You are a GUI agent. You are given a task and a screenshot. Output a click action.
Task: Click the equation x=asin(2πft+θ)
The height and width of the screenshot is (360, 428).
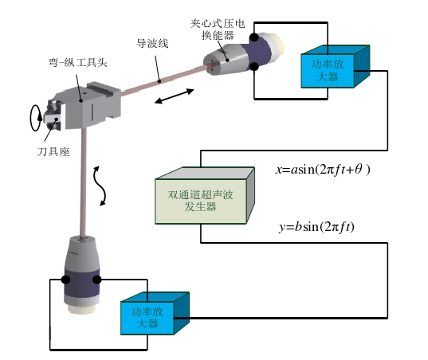pos(323,170)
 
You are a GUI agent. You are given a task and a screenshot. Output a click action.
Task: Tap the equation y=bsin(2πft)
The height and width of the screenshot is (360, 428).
pos(316,227)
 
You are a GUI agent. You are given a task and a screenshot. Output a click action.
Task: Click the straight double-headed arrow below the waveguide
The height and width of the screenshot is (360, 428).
pos(173,97)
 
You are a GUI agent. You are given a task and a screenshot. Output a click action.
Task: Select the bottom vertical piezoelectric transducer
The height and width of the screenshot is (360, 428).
pos(82,275)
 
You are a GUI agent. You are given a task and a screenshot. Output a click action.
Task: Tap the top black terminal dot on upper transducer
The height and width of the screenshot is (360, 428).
pos(253,37)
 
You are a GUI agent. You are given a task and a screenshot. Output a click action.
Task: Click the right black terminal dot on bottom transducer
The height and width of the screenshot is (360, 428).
pos(98,280)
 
